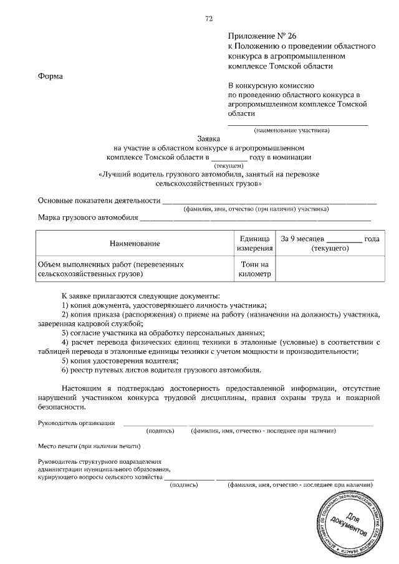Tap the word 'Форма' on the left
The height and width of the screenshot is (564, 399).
pyautogui.click(x=50, y=76)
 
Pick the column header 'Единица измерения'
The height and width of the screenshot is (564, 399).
pyautogui.click(x=254, y=243)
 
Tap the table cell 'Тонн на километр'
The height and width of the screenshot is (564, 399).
pyautogui.click(x=254, y=269)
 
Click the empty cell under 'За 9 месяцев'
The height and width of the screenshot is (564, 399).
pyautogui.click(x=329, y=269)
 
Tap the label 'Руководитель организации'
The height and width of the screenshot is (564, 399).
pyautogui.click(x=76, y=423)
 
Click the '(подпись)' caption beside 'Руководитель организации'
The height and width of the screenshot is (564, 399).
pyautogui.click(x=160, y=431)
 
